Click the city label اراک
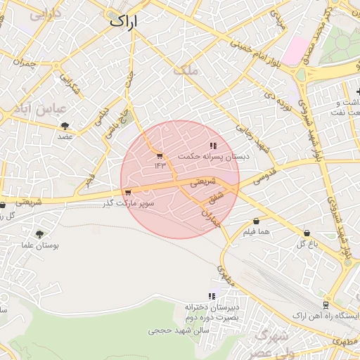124,22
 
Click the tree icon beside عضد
65,126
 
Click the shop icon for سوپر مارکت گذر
127,193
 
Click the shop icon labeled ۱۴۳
160,155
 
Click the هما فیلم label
257,231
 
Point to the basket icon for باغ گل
307,233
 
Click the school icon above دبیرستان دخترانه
212,297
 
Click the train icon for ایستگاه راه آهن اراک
326,304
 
